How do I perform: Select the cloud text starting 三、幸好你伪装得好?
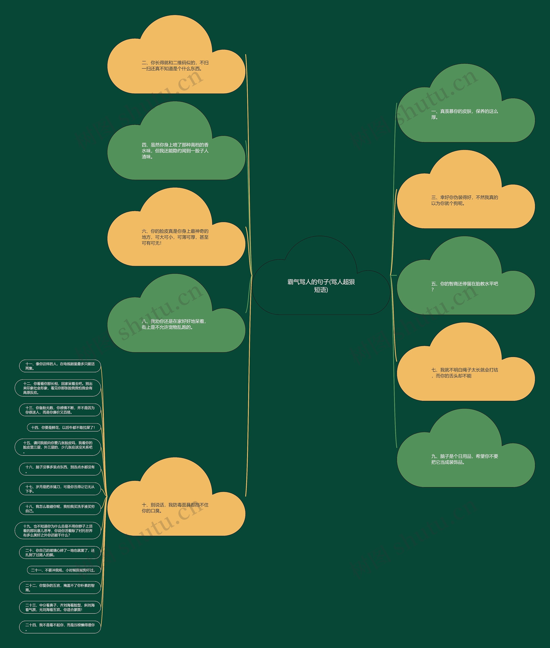tap(464, 200)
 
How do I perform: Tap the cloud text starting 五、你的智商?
tap(464, 286)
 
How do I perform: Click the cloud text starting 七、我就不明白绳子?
tap(464, 373)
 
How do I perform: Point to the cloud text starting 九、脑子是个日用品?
tap(464, 459)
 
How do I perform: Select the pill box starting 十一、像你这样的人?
tap(60, 366)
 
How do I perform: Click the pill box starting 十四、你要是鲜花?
tap(64, 428)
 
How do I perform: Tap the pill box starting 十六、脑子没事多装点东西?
tap(60, 469)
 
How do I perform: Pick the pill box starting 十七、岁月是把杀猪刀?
tap(60, 489)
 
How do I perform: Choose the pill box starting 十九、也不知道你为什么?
tap(58, 531)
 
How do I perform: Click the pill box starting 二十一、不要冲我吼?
tap(64, 570)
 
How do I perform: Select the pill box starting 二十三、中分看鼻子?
tap(60, 607)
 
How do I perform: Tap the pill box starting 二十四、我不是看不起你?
tap(60, 627)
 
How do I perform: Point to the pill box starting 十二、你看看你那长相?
tap(58, 388)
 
